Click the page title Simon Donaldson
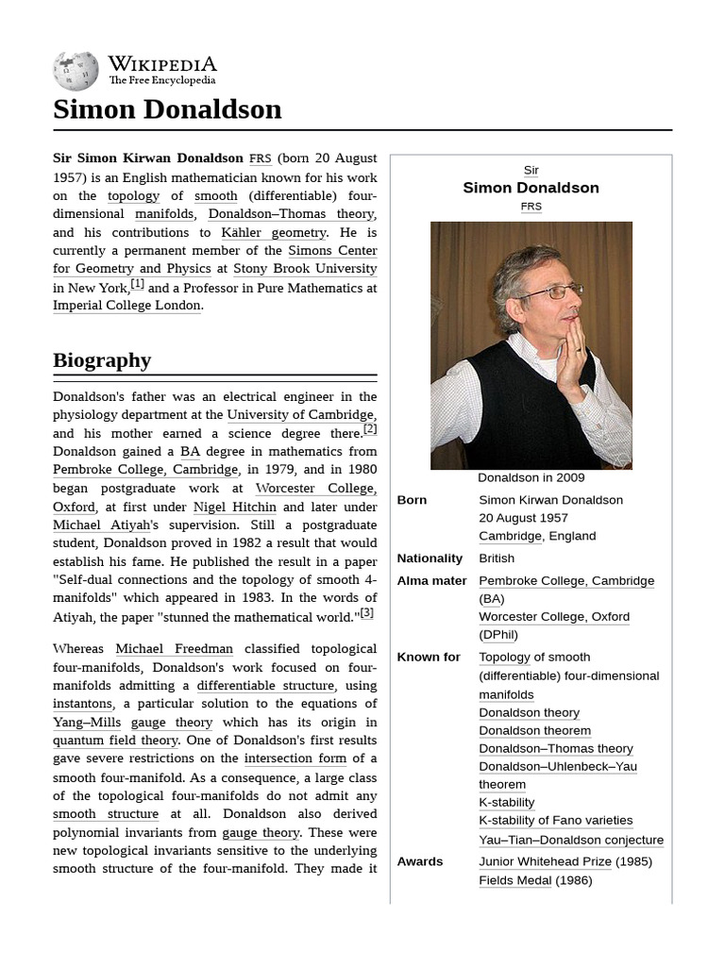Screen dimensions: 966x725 click(x=167, y=109)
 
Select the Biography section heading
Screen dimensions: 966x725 click(x=102, y=360)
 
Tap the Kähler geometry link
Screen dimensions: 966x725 click(x=274, y=232)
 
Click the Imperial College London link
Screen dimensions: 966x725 click(x=126, y=306)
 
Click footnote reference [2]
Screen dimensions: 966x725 click(x=370, y=429)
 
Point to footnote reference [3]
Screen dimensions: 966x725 click(x=366, y=612)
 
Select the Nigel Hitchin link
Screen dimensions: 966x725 click(x=235, y=507)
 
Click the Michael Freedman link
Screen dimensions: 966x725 click(x=174, y=649)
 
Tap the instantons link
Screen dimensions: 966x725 click(x=82, y=704)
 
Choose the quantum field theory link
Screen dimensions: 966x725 click(x=115, y=741)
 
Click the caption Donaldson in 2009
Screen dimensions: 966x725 click(x=531, y=477)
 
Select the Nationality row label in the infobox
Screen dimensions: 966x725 click(x=430, y=558)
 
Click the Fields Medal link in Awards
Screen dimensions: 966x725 click(x=514, y=880)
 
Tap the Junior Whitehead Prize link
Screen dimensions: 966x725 click(x=545, y=861)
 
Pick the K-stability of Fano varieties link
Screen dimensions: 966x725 click(x=555, y=821)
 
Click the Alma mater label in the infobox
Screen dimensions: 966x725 click(x=431, y=581)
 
